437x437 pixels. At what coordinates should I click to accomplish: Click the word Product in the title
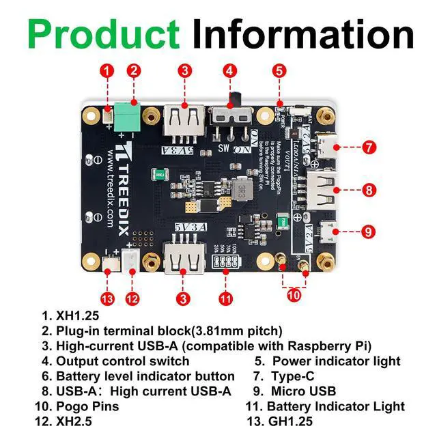pos(104,33)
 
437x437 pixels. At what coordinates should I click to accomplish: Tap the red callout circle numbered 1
pos(107,70)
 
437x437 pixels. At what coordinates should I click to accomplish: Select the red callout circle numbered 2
pos(134,70)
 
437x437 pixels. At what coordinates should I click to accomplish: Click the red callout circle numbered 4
pos(230,70)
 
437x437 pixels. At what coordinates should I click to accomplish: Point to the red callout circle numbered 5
pos(279,70)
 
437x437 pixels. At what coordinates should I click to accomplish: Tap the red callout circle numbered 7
pos(368,146)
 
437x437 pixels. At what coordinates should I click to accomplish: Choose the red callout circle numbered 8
pos(368,190)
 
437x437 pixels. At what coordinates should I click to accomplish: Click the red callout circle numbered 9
pos(368,231)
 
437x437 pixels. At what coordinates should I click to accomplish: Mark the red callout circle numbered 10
pos(294,296)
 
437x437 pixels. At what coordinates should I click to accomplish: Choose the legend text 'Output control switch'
pos(123,361)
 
